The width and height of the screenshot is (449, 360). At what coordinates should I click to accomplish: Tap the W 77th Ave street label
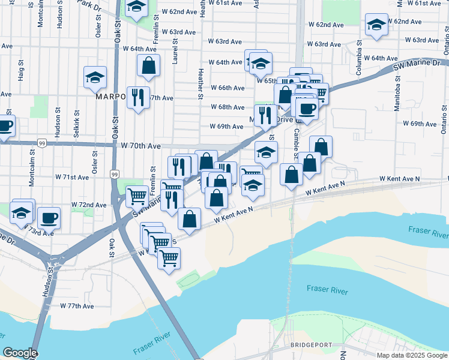click(x=77, y=306)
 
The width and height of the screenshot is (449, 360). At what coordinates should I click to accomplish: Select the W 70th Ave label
click(x=140, y=146)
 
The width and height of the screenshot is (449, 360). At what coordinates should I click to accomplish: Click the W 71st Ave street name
click(x=71, y=178)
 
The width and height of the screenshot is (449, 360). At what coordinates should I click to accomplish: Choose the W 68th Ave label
click(x=227, y=107)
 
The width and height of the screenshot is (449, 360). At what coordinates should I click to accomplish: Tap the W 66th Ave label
click(x=227, y=88)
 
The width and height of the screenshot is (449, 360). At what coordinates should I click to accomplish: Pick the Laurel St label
click(x=176, y=53)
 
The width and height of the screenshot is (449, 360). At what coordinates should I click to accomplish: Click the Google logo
click(x=20, y=353)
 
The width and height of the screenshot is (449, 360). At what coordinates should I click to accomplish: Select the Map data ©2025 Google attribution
click(x=412, y=355)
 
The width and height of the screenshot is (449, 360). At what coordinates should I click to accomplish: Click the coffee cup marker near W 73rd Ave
click(x=49, y=218)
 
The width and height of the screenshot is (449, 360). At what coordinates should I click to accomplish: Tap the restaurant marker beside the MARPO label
click(x=138, y=97)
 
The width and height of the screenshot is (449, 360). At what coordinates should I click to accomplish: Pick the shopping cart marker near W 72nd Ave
click(x=137, y=196)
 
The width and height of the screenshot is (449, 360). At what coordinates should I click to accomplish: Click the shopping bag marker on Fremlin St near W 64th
click(x=148, y=65)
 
